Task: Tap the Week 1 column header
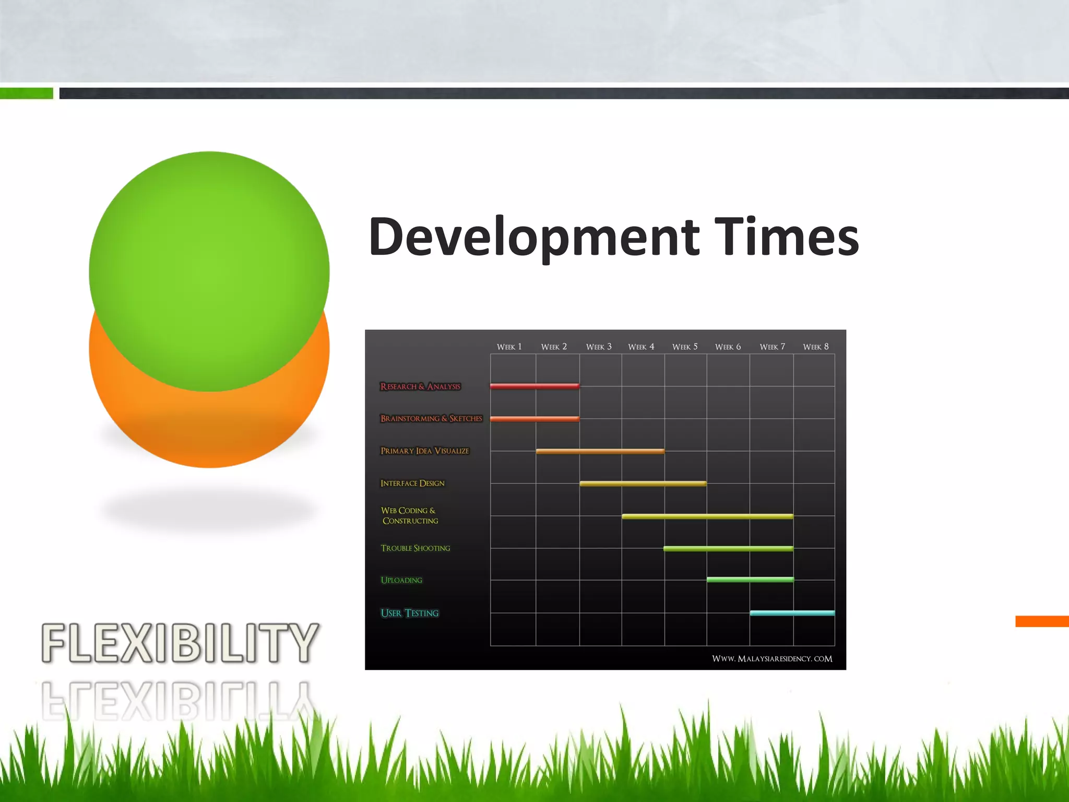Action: pyautogui.click(x=509, y=347)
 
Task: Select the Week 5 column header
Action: pyautogui.click(x=685, y=347)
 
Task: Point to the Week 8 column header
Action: pyautogui.click(x=816, y=347)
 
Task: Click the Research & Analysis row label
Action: pyautogui.click(x=420, y=386)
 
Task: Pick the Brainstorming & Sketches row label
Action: pyautogui.click(x=431, y=418)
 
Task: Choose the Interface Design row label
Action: pyautogui.click(x=412, y=483)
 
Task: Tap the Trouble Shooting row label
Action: pyautogui.click(x=415, y=548)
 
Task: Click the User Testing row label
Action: pyautogui.click(x=410, y=613)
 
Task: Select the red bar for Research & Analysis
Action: pyautogui.click(x=534, y=386)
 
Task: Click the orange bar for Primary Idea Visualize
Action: pyautogui.click(x=600, y=451)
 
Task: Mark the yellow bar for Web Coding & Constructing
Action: pyautogui.click(x=707, y=516)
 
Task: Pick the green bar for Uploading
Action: pyautogui.click(x=750, y=580)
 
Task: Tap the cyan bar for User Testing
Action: pyautogui.click(x=792, y=613)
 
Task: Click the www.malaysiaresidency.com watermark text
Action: pyautogui.click(x=772, y=658)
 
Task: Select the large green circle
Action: pyautogui.click(x=209, y=261)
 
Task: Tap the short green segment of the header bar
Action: pyautogui.click(x=26, y=93)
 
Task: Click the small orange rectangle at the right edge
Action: pyautogui.click(x=1042, y=621)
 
